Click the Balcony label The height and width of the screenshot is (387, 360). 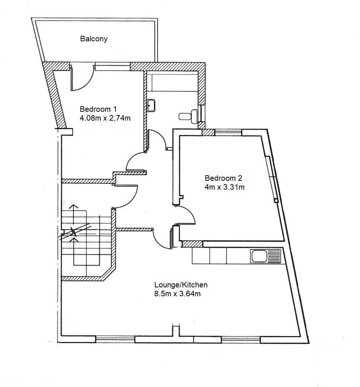[x=94, y=39]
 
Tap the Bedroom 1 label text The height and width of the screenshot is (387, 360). [x=98, y=109]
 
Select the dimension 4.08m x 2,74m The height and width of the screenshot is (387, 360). [x=105, y=118]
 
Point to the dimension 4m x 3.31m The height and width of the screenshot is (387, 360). [x=225, y=187]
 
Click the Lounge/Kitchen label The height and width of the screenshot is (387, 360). [x=181, y=285]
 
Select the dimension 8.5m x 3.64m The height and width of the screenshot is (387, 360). [x=177, y=294]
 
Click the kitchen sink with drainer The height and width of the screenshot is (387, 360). [x=266, y=256]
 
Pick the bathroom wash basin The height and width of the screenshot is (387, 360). [x=152, y=105]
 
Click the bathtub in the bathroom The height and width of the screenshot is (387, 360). [x=172, y=82]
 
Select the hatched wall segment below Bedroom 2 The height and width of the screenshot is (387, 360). [x=192, y=244]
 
